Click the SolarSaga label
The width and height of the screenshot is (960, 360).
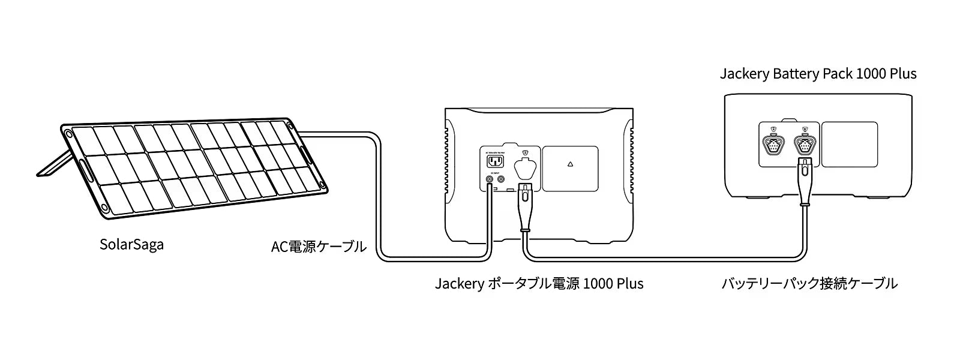131,245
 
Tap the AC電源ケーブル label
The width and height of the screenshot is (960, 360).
318,246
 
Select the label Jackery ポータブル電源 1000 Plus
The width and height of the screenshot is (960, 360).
539,283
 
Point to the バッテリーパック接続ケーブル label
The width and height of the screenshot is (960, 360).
809,283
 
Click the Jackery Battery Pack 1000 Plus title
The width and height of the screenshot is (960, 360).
818,74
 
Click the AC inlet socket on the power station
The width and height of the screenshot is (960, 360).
495,162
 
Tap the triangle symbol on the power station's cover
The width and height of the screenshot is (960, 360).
570,163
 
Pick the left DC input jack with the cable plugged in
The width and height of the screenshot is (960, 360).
490,179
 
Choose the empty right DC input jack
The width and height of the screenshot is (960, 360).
501,179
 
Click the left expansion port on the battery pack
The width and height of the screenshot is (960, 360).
772,144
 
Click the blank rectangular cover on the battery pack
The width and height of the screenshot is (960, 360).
849,144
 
